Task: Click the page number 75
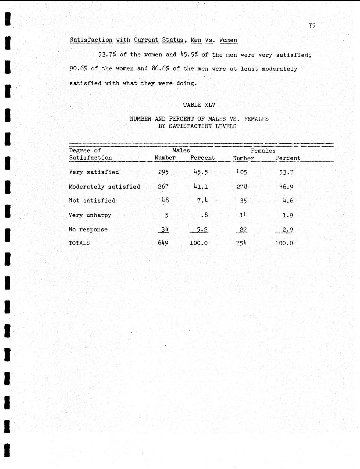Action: [312, 25]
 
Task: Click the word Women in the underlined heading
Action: [228, 40]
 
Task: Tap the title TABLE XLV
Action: [199, 105]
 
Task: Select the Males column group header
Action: [181, 150]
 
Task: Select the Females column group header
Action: [263, 151]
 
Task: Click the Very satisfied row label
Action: [94, 172]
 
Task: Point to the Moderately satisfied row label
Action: [104, 187]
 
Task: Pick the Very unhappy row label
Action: [90, 215]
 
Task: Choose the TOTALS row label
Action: [79, 243]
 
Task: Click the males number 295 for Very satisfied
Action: [163, 172]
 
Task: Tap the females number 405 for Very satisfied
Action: [241, 172]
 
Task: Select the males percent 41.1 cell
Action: [201, 187]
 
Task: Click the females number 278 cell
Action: [241, 187]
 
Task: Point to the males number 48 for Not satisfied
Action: [165, 201]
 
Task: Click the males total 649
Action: [163, 243]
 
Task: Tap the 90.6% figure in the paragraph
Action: [79, 69]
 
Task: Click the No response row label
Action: [88, 229]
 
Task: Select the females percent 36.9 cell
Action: [286, 187]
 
